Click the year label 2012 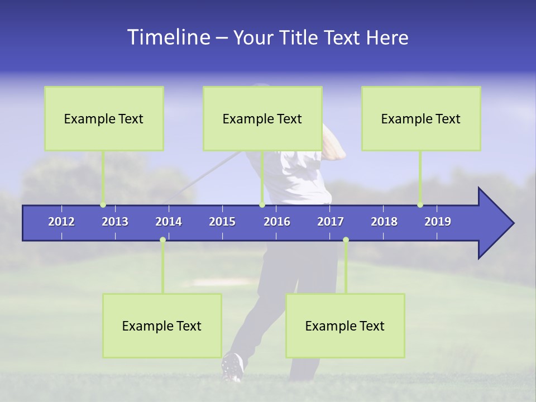tap(61, 222)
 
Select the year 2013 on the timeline tap(115, 222)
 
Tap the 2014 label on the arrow tap(169, 222)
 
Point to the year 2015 tap(222, 222)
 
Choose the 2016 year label tap(277, 222)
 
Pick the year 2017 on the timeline tap(331, 222)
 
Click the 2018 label tap(384, 222)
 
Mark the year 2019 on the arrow tap(438, 222)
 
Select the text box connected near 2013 tap(104, 118)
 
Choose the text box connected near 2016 tap(262, 118)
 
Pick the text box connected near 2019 tap(421, 118)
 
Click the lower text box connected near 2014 tap(162, 326)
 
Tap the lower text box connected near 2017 tap(345, 326)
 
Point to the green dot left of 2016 tap(262, 205)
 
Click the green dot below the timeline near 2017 tap(346, 240)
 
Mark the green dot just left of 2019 tap(420, 205)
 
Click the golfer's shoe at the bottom tap(233, 367)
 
